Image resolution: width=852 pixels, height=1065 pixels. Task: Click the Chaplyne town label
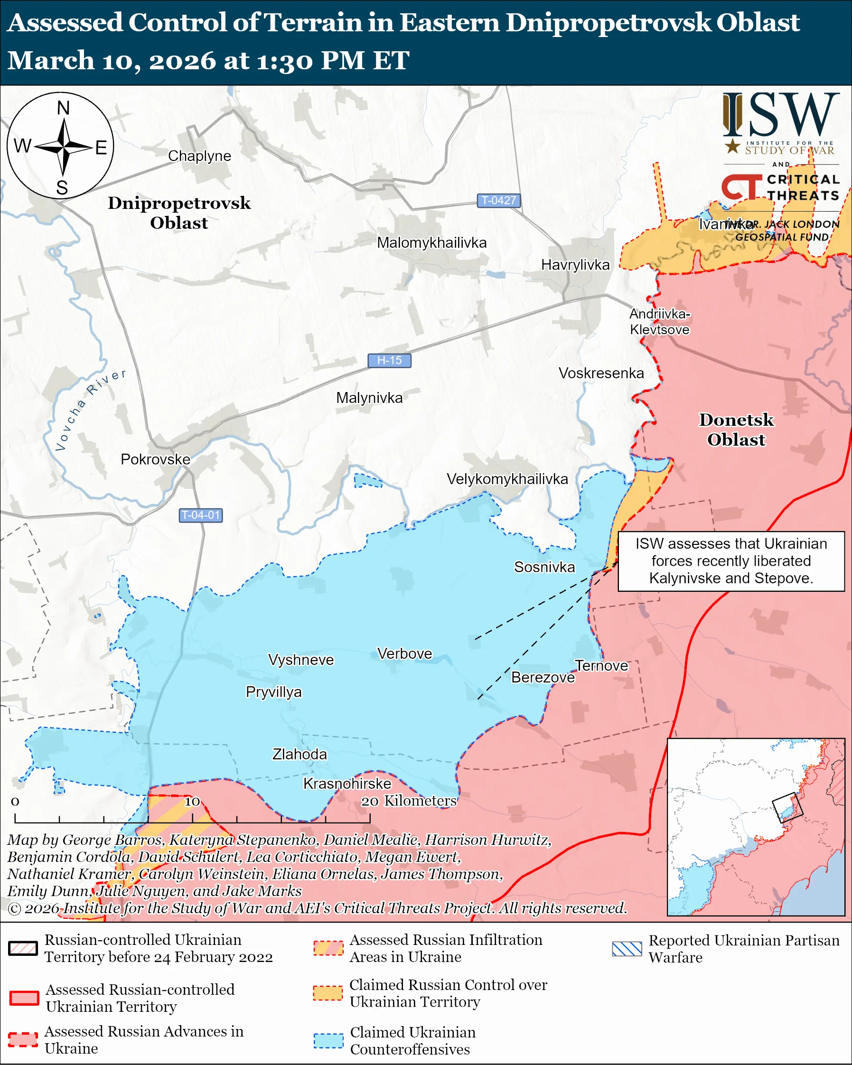tap(199, 156)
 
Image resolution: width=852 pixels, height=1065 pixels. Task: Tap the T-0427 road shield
tap(498, 201)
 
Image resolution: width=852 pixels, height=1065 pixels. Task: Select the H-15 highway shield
tap(389, 361)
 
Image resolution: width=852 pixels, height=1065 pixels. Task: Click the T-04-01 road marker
tap(200, 515)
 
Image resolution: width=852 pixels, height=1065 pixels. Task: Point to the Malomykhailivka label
tap(431, 243)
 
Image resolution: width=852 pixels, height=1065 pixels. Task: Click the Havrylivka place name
tap(575, 265)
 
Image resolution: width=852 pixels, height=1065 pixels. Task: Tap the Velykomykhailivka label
tap(507, 479)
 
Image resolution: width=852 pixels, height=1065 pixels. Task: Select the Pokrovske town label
tap(155, 459)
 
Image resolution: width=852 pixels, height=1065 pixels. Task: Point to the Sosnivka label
tap(544, 567)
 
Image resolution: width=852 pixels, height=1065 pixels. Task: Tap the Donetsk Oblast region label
tap(736, 430)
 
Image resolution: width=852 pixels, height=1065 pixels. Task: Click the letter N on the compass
tap(63, 108)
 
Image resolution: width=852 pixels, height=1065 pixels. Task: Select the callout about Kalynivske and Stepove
tap(730, 561)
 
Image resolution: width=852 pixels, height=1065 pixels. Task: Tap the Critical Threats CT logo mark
tap(741, 187)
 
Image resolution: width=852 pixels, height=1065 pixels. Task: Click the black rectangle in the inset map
tap(787, 808)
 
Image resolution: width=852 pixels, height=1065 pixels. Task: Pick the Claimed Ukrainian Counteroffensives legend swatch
tap(328, 1041)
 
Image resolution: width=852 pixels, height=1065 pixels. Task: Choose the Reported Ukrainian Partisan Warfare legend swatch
tap(627, 949)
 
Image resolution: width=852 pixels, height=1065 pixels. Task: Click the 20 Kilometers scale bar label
tap(409, 801)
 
